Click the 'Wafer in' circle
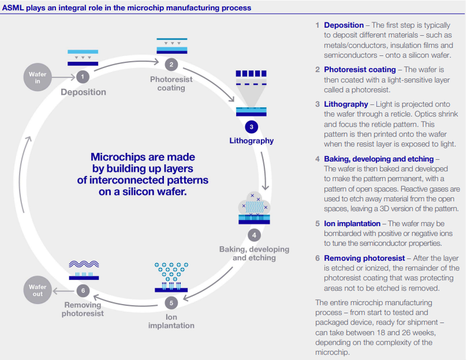[x=38, y=77]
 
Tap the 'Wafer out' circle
[x=38, y=290]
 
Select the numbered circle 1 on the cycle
[x=83, y=77]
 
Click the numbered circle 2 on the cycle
[x=171, y=64]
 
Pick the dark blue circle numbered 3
[x=251, y=127]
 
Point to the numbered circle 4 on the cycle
[x=254, y=235]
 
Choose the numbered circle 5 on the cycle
[x=171, y=303]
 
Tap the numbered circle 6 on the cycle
[x=83, y=291]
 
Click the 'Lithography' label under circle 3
[x=251, y=141]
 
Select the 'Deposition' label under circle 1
[x=83, y=92]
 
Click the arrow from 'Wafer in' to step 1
[x=63, y=77]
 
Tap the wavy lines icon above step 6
[x=84, y=264]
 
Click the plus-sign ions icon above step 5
[x=171, y=272]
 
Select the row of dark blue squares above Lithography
[x=251, y=73]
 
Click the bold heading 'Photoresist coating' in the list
[x=360, y=70]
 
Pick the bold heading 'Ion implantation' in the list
[x=352, y=224]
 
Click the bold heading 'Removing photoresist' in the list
[x=364, y=258]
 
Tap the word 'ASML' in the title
[x=13, y=7]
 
